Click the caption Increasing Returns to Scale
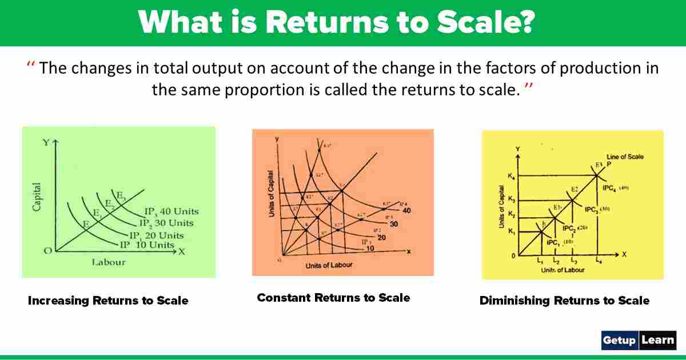[108, 301]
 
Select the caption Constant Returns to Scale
[333, 298]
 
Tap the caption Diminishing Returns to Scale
[564, 301]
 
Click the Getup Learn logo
[639, 340]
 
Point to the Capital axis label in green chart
[37, 197]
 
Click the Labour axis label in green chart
[108, 262]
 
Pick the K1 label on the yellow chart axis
[511, 232]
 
